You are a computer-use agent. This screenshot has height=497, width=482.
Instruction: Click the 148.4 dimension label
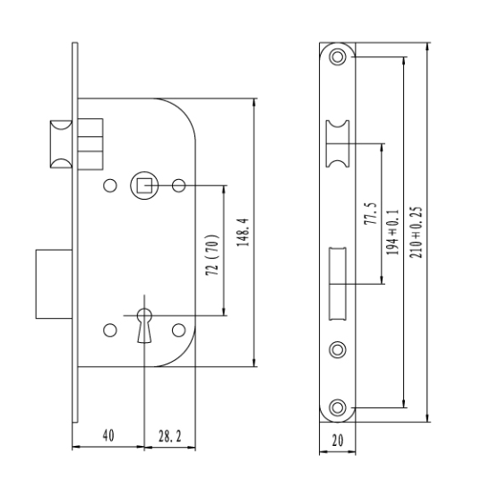tap(243, 232)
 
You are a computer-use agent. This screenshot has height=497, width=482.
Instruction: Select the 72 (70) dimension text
tap(212, 255)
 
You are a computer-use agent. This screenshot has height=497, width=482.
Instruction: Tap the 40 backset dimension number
tap(108, 435)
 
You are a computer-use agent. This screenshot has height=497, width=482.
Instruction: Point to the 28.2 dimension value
tap(170, 436)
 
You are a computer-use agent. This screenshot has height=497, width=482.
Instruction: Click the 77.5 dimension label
tap(370, 213)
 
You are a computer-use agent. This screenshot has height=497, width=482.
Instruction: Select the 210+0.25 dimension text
tap(416, 232)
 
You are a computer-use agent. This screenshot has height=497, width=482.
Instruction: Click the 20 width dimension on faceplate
tap(338, 441)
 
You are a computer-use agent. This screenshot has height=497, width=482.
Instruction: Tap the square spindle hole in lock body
tap(144, 185)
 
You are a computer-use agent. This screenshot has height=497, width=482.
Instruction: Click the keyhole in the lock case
tap(144, 325)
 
